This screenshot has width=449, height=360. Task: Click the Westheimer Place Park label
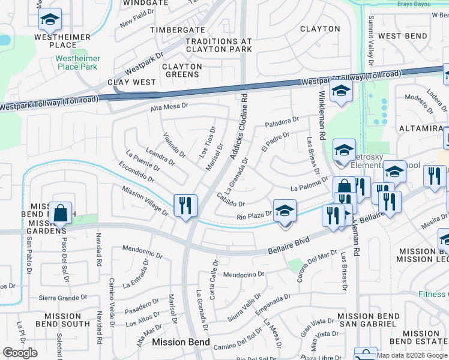point(77,63)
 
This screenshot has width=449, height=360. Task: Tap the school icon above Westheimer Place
point(50,20)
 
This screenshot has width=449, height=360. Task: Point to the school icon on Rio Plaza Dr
point(285,212)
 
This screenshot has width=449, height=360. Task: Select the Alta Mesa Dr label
point(169,106)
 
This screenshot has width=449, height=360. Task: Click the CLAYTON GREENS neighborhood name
point(182,70)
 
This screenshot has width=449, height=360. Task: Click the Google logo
point(20,353)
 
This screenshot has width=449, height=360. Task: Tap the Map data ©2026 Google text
point(412,355)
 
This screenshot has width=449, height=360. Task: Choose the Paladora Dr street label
point(282,122)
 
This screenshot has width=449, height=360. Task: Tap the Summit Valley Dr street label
point(371,41)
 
